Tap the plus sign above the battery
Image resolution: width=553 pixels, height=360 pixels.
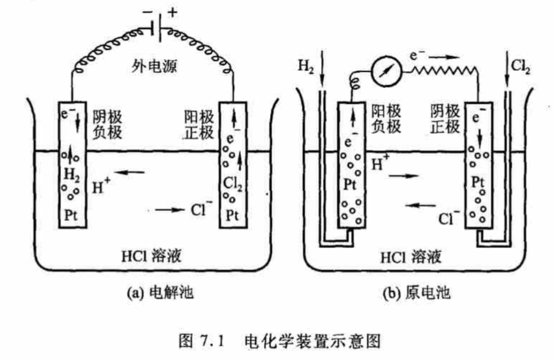[171, 12]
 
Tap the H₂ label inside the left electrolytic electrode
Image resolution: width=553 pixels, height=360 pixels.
[71, 175]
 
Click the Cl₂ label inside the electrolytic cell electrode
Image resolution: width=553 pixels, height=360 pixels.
[230, 185]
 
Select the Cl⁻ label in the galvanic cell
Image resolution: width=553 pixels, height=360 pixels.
[448, 218]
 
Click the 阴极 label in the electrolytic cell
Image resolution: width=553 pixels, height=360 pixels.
[108, 117]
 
